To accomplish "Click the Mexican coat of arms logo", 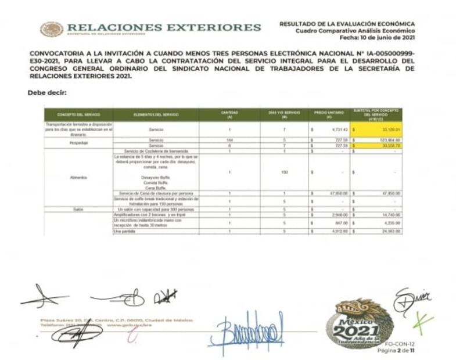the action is coord(52,29).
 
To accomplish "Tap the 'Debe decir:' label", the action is coord(47,92).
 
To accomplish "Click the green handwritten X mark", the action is coord(422,319).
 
